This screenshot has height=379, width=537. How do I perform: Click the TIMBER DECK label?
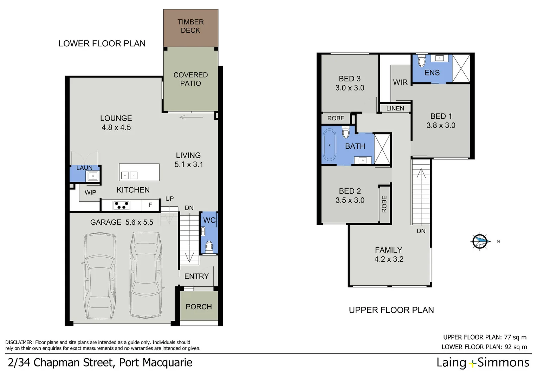coord(190,26)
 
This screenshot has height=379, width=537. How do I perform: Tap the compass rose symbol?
coord(480,241)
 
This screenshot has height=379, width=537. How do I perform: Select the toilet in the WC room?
coord(209,246)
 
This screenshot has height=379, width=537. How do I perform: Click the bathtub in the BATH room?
coord(330,145)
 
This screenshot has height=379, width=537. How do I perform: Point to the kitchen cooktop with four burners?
coord(122,205)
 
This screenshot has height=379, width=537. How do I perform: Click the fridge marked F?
coord(150,205)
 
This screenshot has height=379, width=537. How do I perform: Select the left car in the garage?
coord(100,276)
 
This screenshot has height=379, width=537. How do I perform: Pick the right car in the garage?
coord(146,275)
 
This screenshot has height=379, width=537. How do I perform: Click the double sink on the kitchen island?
coord(129,175)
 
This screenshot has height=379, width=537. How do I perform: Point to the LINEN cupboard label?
coord(395,108)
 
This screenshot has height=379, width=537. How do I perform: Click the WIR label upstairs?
coord(400,82)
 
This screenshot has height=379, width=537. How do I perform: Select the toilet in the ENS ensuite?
coord(422,61)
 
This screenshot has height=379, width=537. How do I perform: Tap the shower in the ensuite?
coord(461,68)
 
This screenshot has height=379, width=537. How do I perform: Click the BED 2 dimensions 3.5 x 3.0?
coord(350,200)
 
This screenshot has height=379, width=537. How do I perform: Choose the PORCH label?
coord(199,307)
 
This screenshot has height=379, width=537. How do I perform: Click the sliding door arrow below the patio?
coord(191,117)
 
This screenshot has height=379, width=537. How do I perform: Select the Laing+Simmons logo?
coord(483,363)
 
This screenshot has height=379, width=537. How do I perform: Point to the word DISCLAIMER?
coord(19,343)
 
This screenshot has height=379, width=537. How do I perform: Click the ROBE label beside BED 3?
coord(336,118)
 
